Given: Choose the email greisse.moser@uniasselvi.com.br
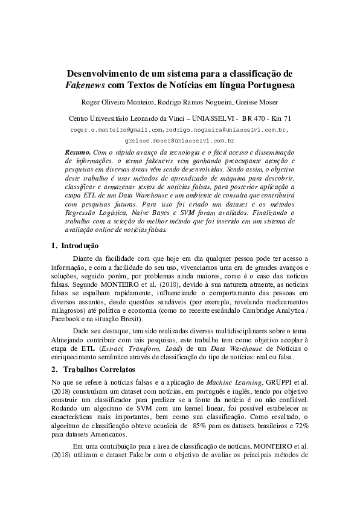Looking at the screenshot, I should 179,139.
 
